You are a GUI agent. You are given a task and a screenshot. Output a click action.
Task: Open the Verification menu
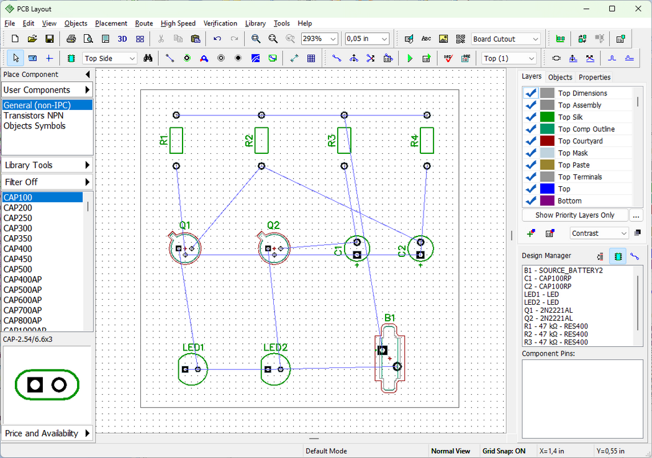220,24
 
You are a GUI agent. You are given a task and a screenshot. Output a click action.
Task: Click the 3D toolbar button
122,38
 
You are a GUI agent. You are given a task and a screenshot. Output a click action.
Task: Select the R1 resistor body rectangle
176,140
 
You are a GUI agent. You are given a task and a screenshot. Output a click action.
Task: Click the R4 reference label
415,140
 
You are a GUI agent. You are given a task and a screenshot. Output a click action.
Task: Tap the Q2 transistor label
273,225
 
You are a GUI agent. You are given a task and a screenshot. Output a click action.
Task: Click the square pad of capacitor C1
357,255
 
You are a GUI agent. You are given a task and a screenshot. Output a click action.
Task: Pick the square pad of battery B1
383,351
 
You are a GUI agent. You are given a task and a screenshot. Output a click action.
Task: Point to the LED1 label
193,348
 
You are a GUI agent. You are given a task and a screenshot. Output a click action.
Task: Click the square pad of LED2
268,369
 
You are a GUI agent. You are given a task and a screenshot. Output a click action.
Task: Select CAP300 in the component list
18,228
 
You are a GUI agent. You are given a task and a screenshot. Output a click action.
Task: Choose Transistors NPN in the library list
34,115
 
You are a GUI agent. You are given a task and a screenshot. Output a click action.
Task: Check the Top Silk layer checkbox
530,117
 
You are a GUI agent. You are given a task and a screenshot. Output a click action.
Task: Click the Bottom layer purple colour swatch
547,200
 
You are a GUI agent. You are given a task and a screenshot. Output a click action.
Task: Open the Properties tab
594,78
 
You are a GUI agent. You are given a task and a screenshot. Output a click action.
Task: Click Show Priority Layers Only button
574,215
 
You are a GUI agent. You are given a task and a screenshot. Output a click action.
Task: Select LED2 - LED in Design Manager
541,302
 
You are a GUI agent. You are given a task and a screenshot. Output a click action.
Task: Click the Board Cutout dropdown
506,38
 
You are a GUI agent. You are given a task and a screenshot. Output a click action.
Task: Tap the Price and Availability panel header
47,433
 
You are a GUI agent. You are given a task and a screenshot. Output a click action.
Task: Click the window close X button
638,9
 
